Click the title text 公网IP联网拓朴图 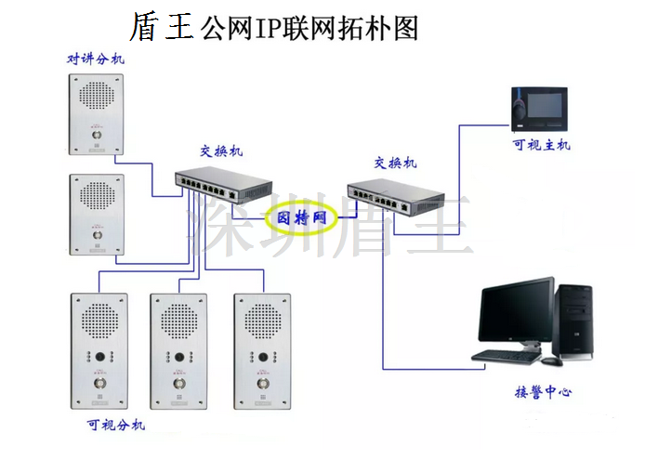click(x=308, y=28)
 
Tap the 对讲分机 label click(x=96, y=59)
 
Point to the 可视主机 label click(x=542, y=145)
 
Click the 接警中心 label click(x=544, y=392)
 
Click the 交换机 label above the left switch click(x=220, y=151)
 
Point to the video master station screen click(x=546, y=104)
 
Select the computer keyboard click(x=507, y=354)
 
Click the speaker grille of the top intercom click(x=96, y=95)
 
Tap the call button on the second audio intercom click(x=96, y=235)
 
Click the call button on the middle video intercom click(x=179, y=382)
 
